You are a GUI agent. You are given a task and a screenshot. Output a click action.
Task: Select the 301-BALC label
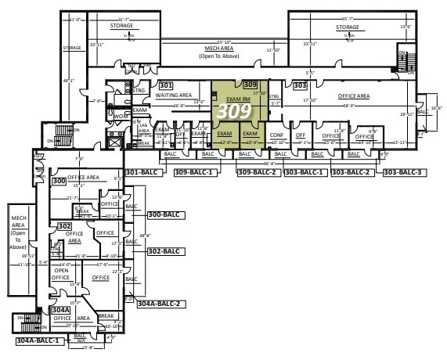pyautogui.click(x=143, y=171)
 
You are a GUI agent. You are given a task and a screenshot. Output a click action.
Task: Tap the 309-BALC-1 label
pyautogui.click(x=193, y=171)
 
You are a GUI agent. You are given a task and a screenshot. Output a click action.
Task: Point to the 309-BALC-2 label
pyautogui.click(x=257, y=171)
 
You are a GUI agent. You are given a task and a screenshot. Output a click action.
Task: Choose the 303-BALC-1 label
pyautogui.click(x=304, y=171)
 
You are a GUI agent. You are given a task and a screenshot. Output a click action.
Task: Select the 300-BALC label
pyautogui.click(x=164, y=214)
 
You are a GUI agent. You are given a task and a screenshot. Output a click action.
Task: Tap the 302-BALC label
pyautogui.click(x=164, y=251)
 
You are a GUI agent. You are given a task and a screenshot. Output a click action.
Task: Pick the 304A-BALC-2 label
pyautogui.click(x=159, y=303)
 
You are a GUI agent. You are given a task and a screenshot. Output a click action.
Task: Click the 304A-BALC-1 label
pyautogui.click(x=38, y=341)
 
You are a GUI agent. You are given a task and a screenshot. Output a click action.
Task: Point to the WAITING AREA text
pyautogui.click(x=174, y=95)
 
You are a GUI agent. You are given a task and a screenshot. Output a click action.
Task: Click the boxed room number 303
pyautogui.click(x=299, y=84)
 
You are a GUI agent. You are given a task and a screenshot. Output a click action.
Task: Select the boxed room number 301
pyautogui.click(x=165, y=85)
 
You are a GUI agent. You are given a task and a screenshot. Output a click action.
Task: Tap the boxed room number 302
pyautogui.click(x=64, y=225)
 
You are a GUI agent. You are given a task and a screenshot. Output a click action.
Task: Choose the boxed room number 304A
pyautogui.click(x=61, y=310)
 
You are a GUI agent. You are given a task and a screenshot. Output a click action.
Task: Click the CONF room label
pyautogui.click(x=276, y=135)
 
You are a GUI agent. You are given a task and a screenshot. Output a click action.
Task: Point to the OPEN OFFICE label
pyautogui.click(x=61, y=275)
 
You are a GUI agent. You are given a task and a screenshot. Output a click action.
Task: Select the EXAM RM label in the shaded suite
pyautogui.click(x=236, y=99)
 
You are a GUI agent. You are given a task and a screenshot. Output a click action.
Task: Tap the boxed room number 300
pyautogui.click(x=58, y=181)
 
